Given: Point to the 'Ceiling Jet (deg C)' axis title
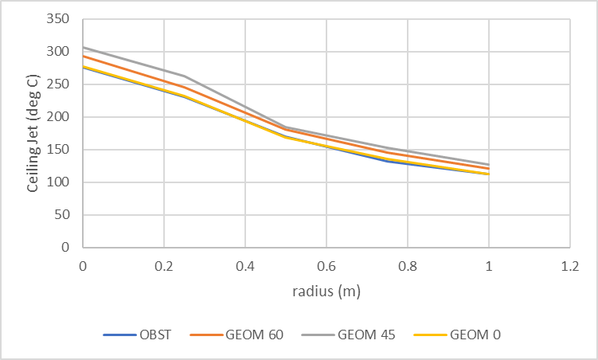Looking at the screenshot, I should [x=33, y=133].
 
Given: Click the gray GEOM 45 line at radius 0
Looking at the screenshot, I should [x=83, y=47].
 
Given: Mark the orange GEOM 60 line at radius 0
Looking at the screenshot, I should [x=83, y=56].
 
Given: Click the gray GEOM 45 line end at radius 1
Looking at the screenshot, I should [x=488, y=164].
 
